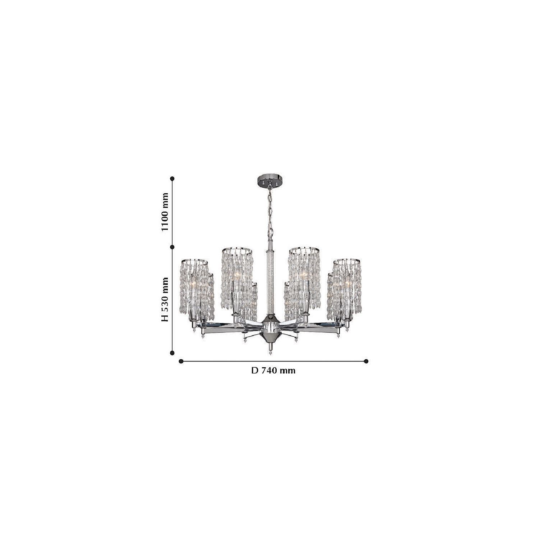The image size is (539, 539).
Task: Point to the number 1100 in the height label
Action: pyautogui.click(x=165, y=212)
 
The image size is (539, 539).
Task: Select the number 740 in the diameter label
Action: pyautogui.click(x=269, y=370)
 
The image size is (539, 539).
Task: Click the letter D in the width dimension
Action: pyautogui.click(x=255, y=370)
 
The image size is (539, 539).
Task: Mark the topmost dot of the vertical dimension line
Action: pyautogui.click(x=172, y=178)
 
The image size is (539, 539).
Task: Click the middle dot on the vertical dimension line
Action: pyautogui.click(x=172, y=247)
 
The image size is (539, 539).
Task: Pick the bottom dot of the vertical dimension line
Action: pyautogui.click(x=172, y=353)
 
